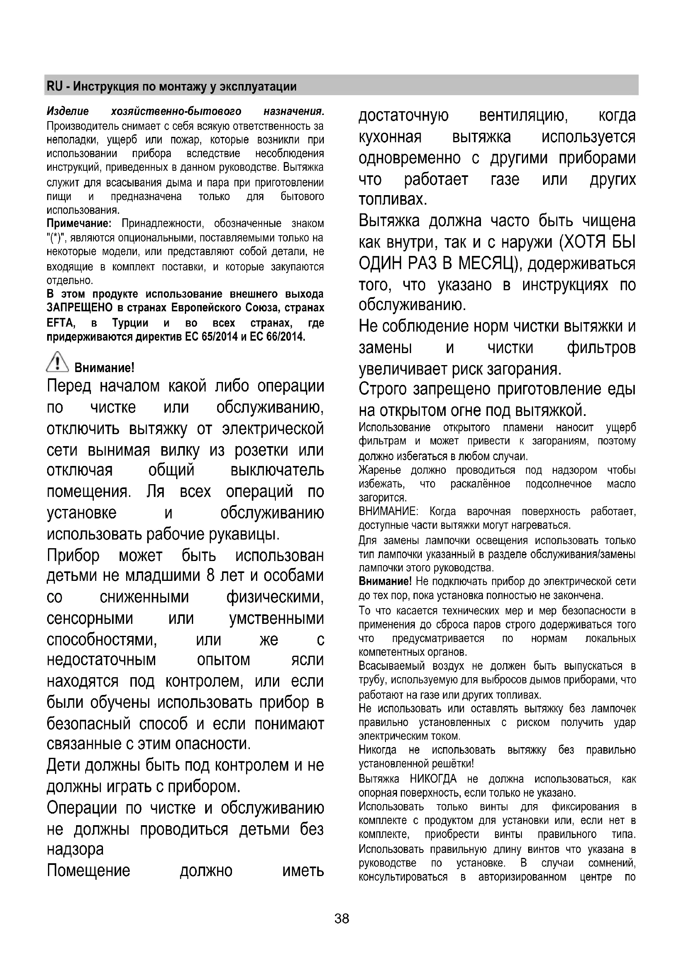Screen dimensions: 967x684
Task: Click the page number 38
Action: pos(342,919)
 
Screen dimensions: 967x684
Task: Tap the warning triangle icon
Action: pos(57,363)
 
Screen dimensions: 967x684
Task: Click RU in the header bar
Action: pos(54,86)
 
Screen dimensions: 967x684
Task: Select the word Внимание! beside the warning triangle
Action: pos(104,368)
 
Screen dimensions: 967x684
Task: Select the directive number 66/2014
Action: pos(286,337)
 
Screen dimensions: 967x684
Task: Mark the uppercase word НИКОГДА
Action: pos(433,779)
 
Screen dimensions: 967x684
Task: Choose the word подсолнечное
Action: pos(558,484)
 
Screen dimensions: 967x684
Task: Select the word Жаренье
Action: pos(380,470)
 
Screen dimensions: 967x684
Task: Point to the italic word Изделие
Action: pos(68,112)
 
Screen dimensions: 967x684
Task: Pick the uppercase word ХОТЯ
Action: pos(584,243)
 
